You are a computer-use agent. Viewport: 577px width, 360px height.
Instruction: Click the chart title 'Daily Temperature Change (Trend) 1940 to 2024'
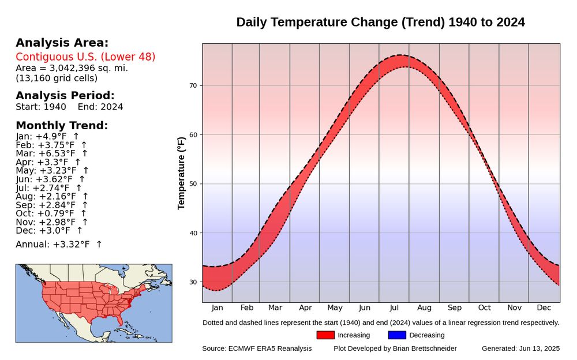click(380, 22)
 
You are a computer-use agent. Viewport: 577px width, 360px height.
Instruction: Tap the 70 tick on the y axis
click(193, 86)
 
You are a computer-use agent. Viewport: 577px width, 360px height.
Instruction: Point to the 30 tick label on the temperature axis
click(193, 282)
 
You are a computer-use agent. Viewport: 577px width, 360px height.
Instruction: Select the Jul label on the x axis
click(394, 307)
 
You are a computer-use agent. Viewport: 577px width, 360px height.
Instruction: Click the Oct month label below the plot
click(484, 307)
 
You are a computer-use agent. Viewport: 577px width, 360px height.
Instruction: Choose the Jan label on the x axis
click(217, 307)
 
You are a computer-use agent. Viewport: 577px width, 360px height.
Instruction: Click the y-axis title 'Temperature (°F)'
click(182, 173)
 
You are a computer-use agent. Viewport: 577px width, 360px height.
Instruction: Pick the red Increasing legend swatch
click(325, 335)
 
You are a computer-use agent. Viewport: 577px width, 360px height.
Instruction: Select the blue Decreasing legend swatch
click(397, 335)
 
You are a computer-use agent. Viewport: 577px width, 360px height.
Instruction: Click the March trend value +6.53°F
click(51, 153)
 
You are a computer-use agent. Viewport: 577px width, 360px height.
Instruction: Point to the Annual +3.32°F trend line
click(58, 245)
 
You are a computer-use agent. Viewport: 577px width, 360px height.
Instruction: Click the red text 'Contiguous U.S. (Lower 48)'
click(85, 57)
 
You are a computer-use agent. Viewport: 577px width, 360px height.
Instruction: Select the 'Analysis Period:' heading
click(65, 96)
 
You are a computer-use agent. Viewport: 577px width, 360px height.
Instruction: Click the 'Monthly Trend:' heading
click(62, 126)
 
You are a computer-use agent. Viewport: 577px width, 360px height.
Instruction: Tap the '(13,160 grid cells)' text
click(57, 78)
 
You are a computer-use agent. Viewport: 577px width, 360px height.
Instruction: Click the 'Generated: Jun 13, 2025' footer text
click(520, 348)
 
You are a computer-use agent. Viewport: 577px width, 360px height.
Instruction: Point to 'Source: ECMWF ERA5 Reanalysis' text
click(257, 348)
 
